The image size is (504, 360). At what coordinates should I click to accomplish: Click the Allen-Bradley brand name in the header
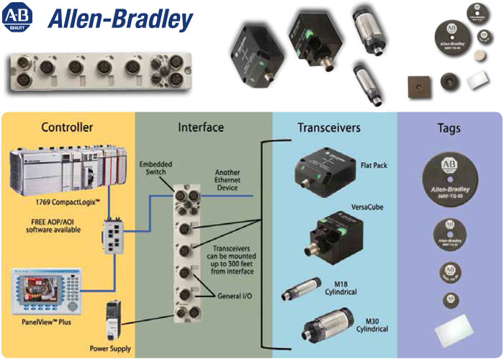[x=121, y=19]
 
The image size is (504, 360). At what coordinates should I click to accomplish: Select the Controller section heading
[x=67, y=127]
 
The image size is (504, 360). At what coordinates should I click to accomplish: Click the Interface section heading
[x=201, y=127]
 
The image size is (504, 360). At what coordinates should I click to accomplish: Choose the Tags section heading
[x=449, y=129]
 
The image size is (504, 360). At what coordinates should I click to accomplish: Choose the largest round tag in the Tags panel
[x=449, y=179]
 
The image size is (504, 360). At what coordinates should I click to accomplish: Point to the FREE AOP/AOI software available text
[x=48, y=225]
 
